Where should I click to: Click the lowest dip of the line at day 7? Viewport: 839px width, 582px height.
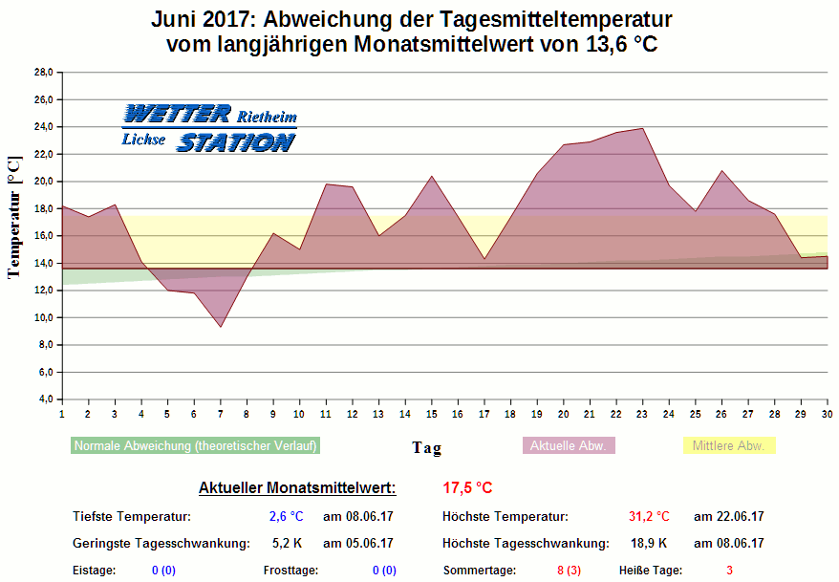point(221,327)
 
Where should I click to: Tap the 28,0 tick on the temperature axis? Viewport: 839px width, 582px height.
point(43,72)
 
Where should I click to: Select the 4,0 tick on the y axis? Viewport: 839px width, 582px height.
point(45,399)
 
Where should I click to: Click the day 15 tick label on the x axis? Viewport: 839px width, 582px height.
point(432,413)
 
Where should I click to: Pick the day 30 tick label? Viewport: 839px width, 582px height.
point(827,413)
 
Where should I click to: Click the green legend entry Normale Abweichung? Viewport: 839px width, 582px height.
point(195,445)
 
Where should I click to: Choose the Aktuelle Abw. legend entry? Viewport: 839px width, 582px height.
point(568,445)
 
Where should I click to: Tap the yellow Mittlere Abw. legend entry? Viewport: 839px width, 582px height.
point(728,445)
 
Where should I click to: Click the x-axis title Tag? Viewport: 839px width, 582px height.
point(426,447)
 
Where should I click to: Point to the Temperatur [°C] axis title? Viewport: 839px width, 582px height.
point(13,218)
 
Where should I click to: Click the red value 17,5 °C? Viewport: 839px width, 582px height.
point(467,488)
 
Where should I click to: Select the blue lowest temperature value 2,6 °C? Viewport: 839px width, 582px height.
point(285,517)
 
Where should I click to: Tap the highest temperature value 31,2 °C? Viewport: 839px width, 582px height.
point(649,517)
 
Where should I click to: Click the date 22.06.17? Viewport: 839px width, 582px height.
point(729,517)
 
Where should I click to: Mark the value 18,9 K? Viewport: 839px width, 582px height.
point(649,544)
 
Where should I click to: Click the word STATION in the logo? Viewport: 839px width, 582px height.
point(236,143)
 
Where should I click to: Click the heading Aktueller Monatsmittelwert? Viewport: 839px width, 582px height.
point(297,488)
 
